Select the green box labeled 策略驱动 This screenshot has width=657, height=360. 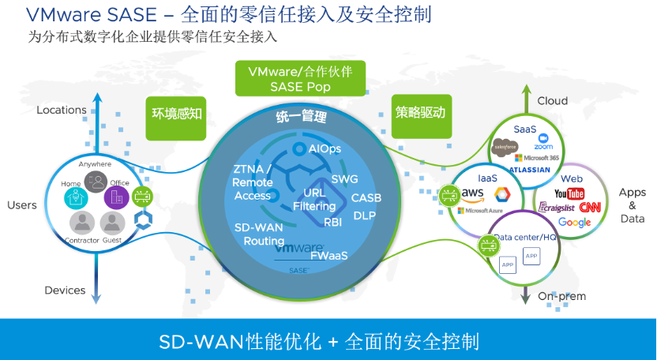[420, 112]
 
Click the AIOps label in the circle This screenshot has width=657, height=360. [325, 148]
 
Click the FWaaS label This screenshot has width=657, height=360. [328, 256]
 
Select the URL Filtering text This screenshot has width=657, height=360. [314, 200]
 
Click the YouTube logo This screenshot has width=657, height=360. [569, 194]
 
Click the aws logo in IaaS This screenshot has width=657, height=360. [473, 193]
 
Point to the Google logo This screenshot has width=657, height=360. [574, 223]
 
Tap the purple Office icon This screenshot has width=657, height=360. [116, 196]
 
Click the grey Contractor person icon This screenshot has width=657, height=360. [81, 222]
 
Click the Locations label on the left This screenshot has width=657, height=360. [62, 110]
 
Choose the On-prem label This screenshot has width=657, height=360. [561, 296]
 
